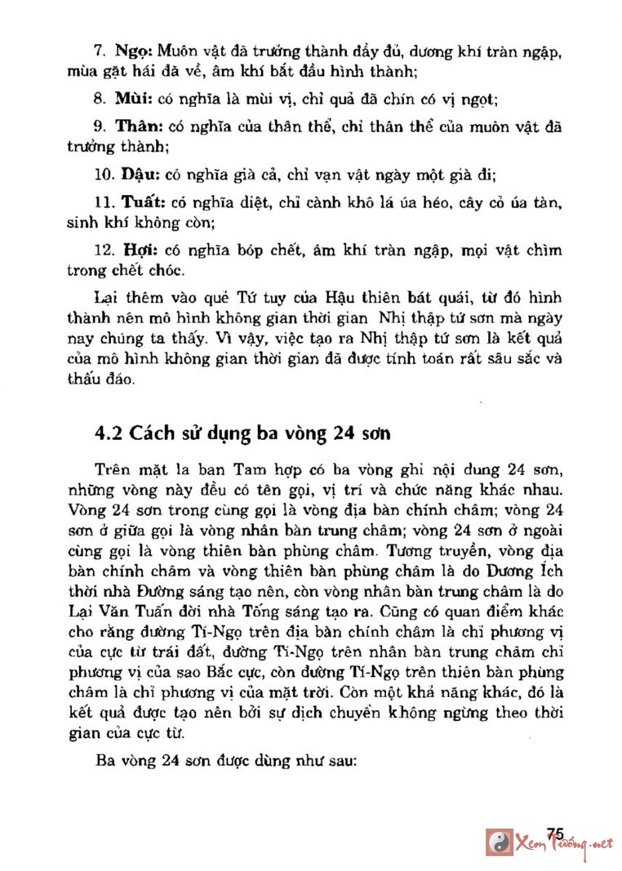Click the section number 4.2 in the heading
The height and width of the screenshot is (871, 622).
coord(107,433)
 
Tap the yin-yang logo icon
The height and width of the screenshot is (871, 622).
coord(498,841)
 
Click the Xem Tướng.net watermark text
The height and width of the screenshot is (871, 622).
coord(563,843)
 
